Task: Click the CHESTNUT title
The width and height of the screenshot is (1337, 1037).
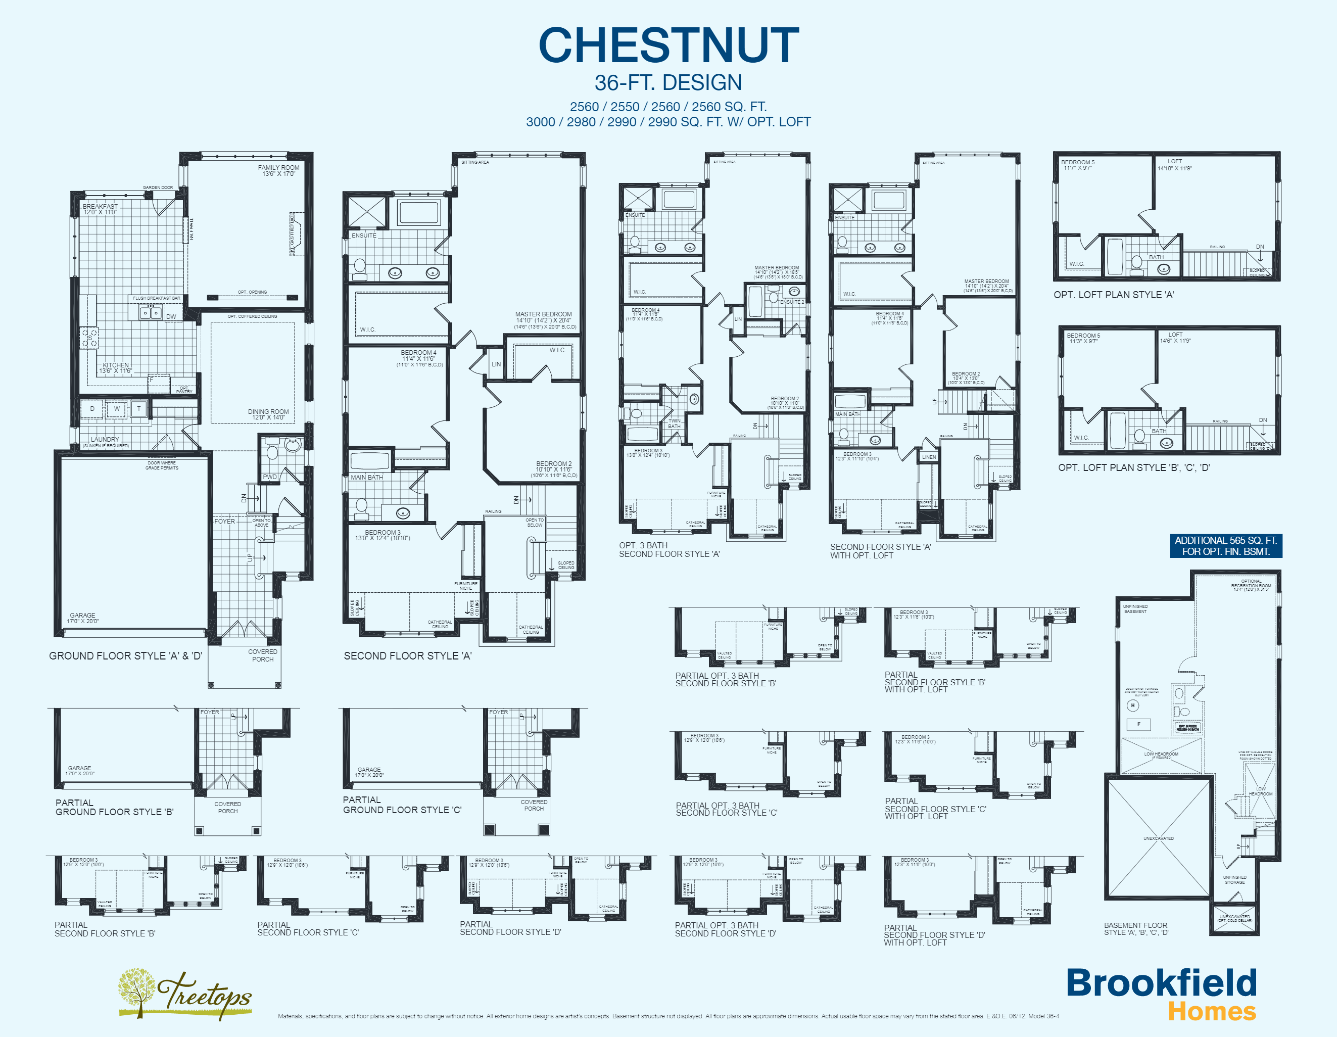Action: coord(669,46)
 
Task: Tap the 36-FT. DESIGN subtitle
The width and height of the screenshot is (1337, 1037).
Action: coord(668,83)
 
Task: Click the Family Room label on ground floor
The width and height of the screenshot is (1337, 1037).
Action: coord(278,170)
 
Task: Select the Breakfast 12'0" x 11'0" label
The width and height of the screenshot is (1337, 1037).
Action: coord(100,209)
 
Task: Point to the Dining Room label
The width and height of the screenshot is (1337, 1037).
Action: coord(268,414)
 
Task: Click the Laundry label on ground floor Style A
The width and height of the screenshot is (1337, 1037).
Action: coord(105,440)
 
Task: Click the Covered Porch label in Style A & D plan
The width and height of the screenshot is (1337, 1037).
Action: coord(263,655)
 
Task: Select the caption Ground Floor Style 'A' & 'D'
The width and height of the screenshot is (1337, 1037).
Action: coord(125,655)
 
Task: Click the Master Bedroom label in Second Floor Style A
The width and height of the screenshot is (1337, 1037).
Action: coord(544,317)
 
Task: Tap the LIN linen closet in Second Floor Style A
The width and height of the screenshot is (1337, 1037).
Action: coord(496,364)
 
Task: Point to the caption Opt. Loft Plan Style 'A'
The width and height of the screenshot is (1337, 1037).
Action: coord(1114,295)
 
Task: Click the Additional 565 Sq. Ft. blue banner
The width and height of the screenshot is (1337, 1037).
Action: coord(1226,545)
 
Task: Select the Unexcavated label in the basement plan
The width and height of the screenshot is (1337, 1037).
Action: coord(1158,838)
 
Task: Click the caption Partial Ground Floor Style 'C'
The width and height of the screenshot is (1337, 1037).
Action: coord(402,805)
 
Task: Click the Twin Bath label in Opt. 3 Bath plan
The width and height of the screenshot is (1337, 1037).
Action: coord(674,423)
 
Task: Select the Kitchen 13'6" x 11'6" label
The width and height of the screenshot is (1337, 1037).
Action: coord(116,368)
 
